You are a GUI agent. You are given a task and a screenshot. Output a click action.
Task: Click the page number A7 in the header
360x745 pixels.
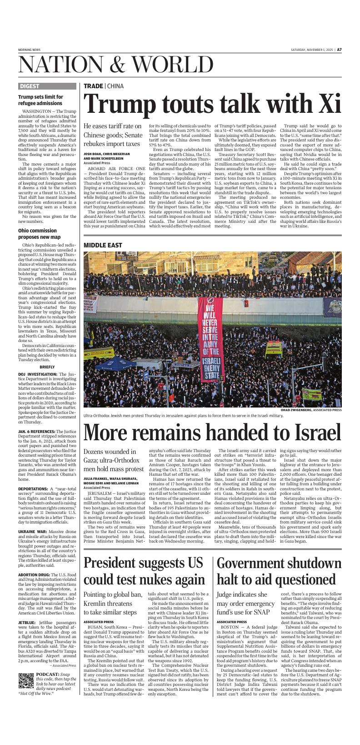pyautogui.click(x=339, y=50)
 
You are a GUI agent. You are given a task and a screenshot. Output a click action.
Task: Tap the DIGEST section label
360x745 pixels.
pyautogui.click(x=29, y=86)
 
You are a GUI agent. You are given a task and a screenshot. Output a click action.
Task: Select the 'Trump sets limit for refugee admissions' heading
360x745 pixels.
pyautogui.click(x=40, y=100)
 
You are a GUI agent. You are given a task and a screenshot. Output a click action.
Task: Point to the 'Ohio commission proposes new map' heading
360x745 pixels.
pyautogui.click(x=39, y=234)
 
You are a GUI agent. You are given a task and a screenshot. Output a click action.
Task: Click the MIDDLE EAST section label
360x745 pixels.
pyautogui.click(x=103, y=245)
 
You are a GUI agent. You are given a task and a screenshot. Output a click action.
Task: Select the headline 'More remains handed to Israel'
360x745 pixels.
pyautogui.click(x=212, y=432)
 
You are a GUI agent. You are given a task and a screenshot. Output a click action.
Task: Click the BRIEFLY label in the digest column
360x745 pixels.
pyautogui.click(x=47, y=367)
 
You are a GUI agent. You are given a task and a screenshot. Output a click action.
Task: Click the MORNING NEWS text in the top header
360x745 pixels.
pyautogui.click(x=29, y=50)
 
